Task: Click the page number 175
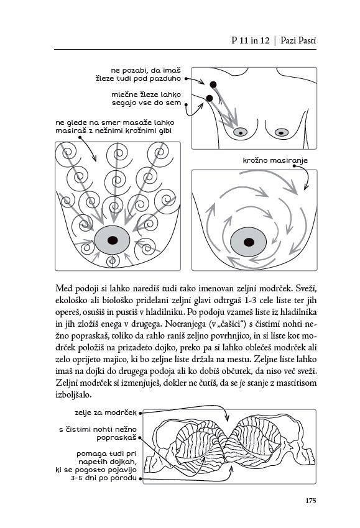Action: click(310, 501)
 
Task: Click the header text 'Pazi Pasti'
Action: click(298, 40)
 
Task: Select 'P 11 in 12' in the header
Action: click(251, 40)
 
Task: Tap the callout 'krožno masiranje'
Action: click(275, 160)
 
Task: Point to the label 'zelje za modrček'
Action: click(106, 412)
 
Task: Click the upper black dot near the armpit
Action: click(213, 84)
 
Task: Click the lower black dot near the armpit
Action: click(209, 98)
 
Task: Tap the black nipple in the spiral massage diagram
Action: click(113, 240)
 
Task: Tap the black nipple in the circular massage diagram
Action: click(249, 242)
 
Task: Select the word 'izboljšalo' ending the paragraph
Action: click(73, 394)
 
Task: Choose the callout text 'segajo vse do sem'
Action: click(147, 102)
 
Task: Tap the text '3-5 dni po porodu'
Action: click(103, 478)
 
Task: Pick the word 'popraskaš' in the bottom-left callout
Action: click(117, 438)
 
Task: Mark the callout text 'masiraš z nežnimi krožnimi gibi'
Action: click(114, 130)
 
